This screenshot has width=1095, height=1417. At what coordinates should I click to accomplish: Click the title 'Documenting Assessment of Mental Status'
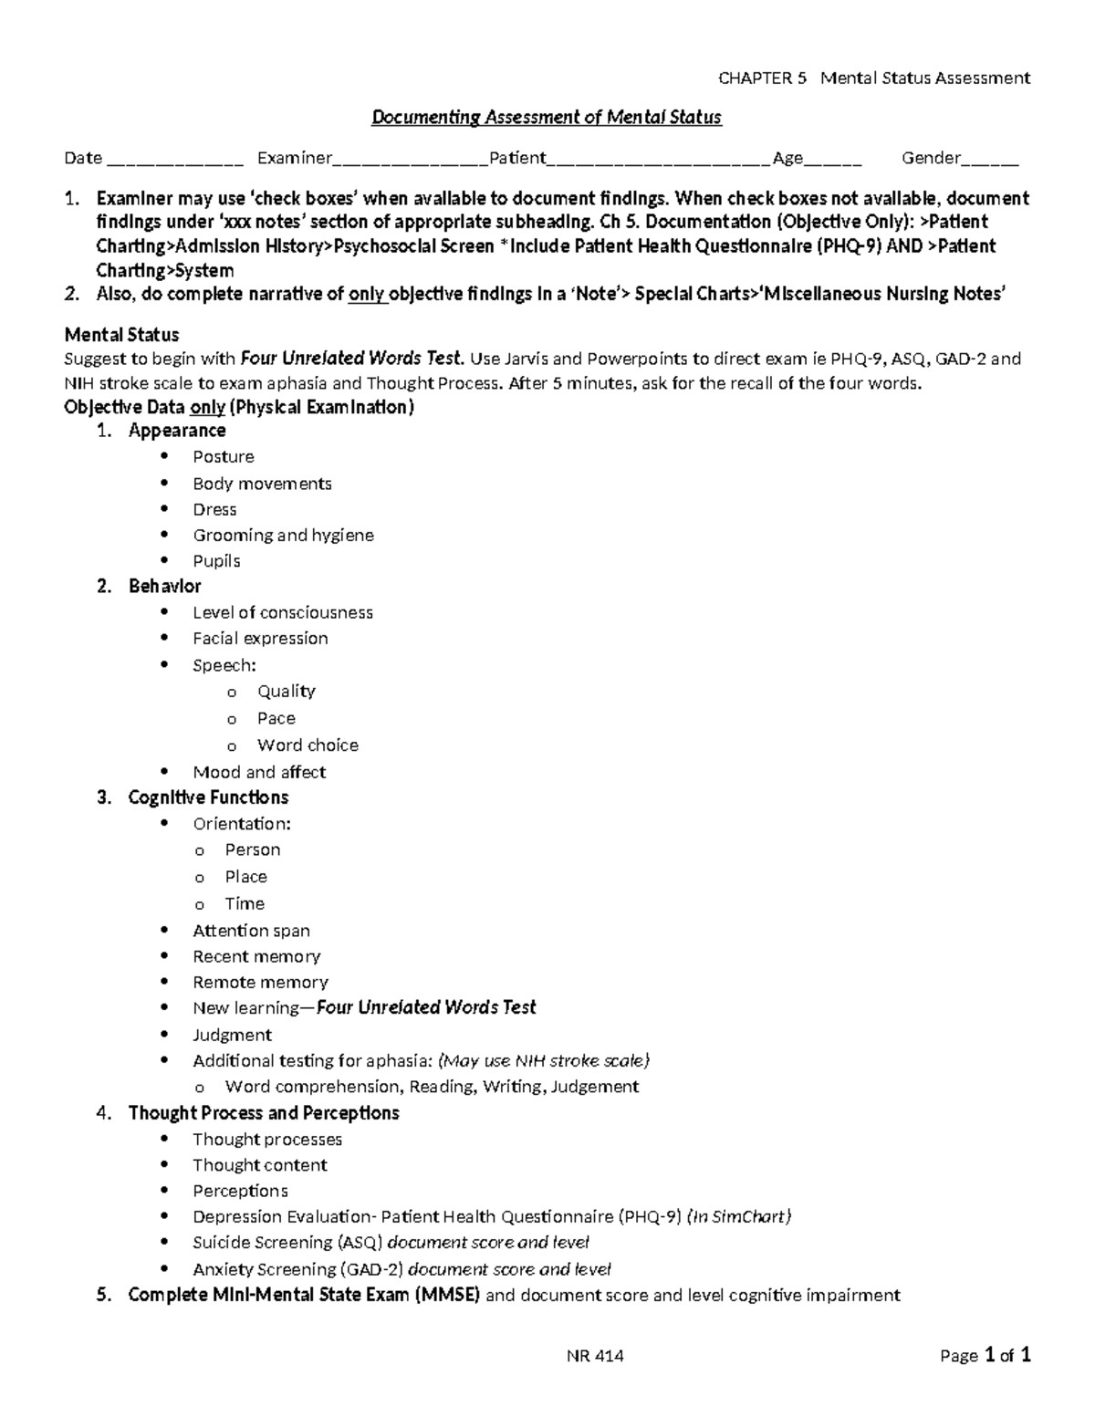click(x=546, y=118)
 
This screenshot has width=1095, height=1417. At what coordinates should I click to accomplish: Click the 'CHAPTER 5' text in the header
click(x=763, y=78)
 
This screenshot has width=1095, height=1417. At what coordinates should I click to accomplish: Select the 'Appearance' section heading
click(x=177, y=431)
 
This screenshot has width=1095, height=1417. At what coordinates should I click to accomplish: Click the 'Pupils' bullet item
click(x=216, y=561)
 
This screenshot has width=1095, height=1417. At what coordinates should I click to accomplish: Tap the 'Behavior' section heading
click(x=164, y=587)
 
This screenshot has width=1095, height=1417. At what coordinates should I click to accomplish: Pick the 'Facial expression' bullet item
click(x=260, y=639)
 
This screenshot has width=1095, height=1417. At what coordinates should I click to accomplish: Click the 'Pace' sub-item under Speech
click(x=276, y=718)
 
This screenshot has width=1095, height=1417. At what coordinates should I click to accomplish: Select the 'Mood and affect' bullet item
click(x=259, y=772)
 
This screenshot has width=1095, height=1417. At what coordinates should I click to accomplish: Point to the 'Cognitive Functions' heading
click(x=208, y=797)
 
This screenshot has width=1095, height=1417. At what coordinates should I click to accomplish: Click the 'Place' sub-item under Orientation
click(x=245, y=877)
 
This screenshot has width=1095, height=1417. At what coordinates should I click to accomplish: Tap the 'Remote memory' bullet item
click(x=260, y=983)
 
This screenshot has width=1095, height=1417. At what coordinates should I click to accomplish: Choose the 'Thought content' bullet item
click(x=259, y=1165)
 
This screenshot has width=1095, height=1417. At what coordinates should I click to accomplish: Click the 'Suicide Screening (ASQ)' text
click(x=289, y=1243)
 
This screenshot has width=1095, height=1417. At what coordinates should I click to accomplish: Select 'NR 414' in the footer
click(x=595, y=1356)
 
